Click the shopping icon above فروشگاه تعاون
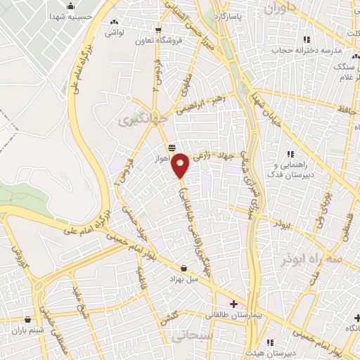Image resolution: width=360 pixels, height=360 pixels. tap(160, 30)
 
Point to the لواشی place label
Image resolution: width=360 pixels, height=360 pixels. tap(113, 32)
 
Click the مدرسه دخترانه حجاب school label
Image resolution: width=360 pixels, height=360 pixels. tap(310, 50)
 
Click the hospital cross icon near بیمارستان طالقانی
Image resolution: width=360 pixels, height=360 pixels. tap(234, 304)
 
